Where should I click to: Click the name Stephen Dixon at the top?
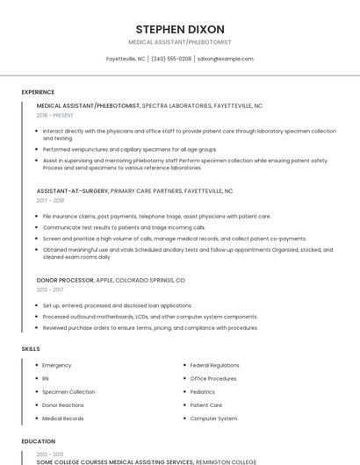click(180, 29)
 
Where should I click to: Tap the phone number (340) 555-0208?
click(171, 59)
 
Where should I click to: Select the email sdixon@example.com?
click(225, 59)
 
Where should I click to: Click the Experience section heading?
click(38, 92)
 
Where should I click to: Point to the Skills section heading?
click(31, 349)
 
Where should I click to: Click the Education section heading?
click(38, 441)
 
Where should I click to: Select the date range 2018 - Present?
click(54, 115)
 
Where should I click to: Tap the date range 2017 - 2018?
click(50, 200)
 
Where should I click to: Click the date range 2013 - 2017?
click(50, 290)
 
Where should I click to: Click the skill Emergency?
click(57, 365)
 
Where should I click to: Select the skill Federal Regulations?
click(214, 365)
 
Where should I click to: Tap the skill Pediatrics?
click(203, 391)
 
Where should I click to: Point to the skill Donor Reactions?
click(63, 405)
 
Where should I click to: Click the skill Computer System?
click(213, 418)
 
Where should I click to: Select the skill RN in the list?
click(46, 378)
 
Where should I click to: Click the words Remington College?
click(226, 461)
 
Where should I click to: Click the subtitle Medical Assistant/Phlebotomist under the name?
click(180, 41)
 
